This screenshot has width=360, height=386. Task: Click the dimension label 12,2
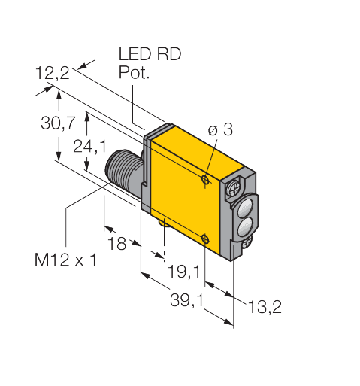coord(52,73)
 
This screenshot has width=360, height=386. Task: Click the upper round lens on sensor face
coord(244,203)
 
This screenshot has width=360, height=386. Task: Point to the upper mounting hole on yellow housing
coord(205,180)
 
